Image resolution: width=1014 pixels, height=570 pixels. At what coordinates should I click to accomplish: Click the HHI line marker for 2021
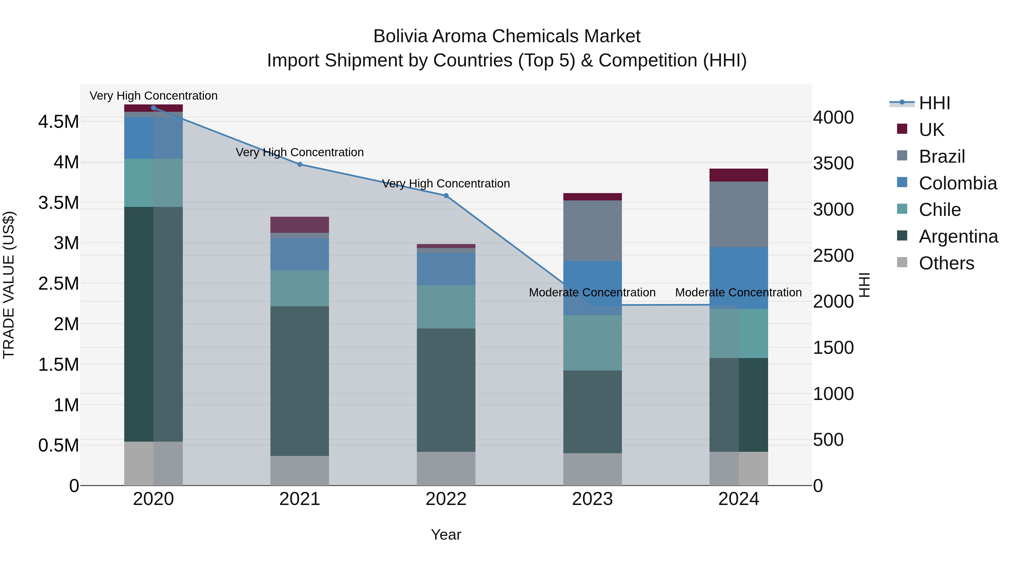point(300,164)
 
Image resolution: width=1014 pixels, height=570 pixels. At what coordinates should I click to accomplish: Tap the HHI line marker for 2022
point(446,196)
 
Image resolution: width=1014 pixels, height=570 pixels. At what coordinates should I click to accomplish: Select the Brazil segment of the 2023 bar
point(592,231)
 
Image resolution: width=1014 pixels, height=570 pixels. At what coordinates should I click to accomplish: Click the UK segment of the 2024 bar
point(739,175)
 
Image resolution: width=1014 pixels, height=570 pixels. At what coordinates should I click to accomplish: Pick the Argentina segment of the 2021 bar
point(300,381)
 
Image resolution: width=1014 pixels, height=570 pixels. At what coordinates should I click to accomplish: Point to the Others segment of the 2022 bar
point(446,468)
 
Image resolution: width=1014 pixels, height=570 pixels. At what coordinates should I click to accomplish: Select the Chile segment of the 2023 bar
point(592,343)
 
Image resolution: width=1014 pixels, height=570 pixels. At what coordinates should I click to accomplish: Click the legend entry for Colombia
point(957,183)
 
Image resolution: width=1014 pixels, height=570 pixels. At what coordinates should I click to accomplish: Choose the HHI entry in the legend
point(934,103)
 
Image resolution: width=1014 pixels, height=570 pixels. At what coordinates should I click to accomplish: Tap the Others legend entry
point(946,263)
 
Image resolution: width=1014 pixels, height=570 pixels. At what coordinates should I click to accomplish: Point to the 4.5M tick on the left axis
point(58,122)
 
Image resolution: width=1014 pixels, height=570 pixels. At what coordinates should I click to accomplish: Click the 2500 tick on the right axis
point(833,256)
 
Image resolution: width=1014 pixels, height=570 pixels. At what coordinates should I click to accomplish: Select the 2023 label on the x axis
point(592,499)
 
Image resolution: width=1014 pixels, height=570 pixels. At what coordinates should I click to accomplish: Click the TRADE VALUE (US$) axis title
point(9,285)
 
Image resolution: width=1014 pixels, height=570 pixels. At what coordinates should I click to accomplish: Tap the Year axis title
point(446,535)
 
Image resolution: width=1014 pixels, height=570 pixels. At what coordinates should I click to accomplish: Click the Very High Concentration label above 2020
point(154,96)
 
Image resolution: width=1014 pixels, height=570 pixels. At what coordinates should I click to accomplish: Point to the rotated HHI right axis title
point(864,285)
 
